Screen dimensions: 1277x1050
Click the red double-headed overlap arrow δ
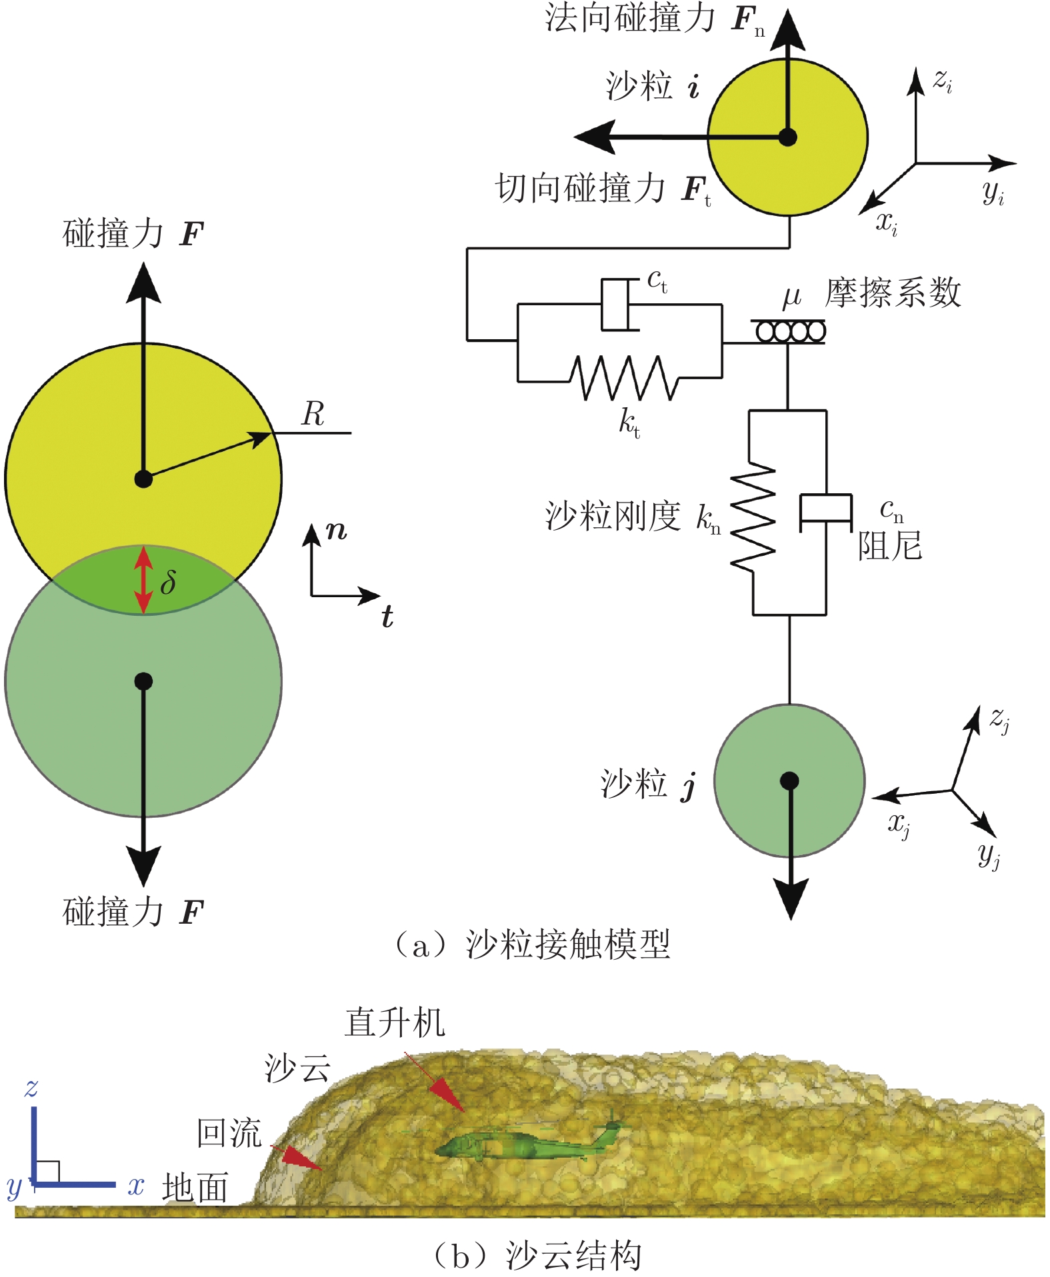[x=143, y=579]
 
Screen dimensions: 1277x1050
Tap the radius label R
[x=313, y=414]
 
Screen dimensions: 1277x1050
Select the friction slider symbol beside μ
[x=789, y=331]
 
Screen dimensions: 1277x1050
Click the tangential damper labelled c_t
[x=617, y=305]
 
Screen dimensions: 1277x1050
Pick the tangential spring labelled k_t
[x=623, y=378]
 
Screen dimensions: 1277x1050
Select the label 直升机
[x=395, y=1023]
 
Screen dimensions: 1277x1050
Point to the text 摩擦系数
[x=893, y=293]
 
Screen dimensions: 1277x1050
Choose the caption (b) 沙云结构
[x=537, y=1255]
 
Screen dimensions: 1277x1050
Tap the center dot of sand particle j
[x=789, y=780]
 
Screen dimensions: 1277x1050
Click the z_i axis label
[x=942, y=81]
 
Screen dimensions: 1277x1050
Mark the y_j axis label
[x=989, y=854]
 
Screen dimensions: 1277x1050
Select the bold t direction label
[x=387, y=617]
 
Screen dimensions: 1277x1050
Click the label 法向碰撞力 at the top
[x=630, y=18]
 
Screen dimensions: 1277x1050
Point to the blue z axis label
[x=31, y=1088]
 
